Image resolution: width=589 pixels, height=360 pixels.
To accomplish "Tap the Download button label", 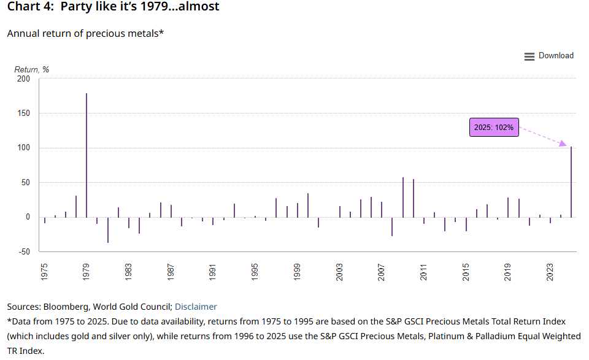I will pyautogui.click(x=556, y=56).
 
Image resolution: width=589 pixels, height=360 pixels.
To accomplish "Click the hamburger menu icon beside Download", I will pyautogui.click(x=529, y=56).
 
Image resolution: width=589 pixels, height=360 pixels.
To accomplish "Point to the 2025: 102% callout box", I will pyautogui.click(x=494, y=128).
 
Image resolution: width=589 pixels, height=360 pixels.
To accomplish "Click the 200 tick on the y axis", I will pyautogui.click(x=23, y=79).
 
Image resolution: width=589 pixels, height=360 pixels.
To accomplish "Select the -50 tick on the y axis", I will pyautogui.click(x=23, y=251).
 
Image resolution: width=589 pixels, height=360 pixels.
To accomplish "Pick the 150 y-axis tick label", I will pyautogui.click(x=23, y=113).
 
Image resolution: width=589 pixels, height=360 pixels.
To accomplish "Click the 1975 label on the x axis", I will pyautogui.click(x=44, y=272).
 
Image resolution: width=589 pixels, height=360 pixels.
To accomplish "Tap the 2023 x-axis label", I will pyautogui.click(x=550, y=272).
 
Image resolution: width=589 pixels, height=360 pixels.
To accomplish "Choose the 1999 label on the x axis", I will pyautogui.click(x=297, y=272).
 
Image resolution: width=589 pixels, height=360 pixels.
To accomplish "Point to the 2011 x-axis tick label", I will pyautogui.click(x=424, y=272).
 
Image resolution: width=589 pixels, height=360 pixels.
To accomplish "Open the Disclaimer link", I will pyautogui.click(x=196, y=307).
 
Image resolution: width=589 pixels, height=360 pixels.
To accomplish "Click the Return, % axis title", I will pyautogui.click(x=31, y=69).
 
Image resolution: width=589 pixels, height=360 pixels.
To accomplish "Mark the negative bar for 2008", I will pyautogui.click(x=392, y=226).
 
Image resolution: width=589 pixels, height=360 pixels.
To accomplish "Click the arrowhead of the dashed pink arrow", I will pyautogui.click(x=564, y=144).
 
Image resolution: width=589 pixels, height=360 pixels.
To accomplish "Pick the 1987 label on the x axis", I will pyautogui.click(x=171, y=272).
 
